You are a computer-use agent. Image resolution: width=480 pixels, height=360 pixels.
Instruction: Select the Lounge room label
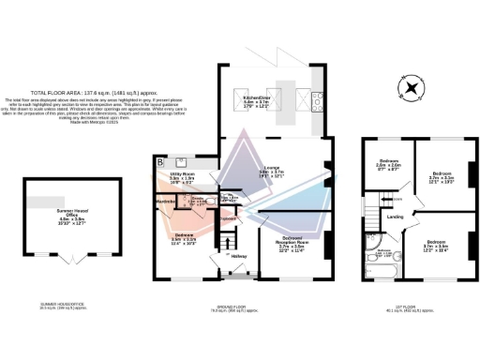[x=272, y=172]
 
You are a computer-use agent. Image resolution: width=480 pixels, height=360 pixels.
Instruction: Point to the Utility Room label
[x=182, y=177]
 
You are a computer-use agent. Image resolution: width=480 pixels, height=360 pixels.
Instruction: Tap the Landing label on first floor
[x=395, y=218]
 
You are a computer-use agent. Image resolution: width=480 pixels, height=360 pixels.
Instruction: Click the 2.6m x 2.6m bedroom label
[x=389, y=167]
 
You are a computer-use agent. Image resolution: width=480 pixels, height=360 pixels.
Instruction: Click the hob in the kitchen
[x=319, y=104]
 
